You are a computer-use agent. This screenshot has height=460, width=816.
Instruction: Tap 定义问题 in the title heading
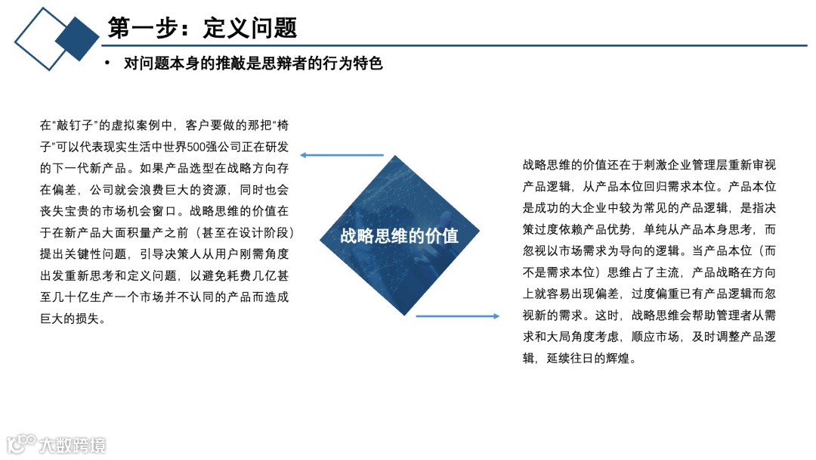click(249, 27)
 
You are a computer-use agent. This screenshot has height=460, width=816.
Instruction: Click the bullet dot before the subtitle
click(107, 63)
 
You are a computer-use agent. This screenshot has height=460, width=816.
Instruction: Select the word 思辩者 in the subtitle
click(279, 64)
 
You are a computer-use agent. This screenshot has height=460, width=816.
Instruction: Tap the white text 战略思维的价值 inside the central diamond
click(399, 235)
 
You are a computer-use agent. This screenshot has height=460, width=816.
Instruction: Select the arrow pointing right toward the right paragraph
click(457, 316)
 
